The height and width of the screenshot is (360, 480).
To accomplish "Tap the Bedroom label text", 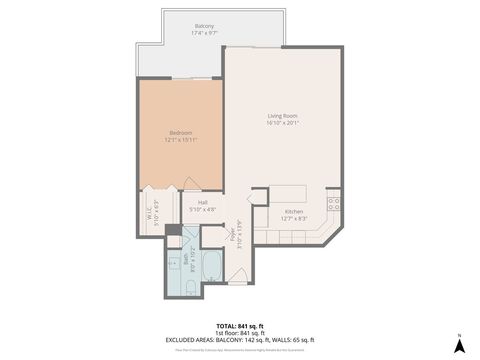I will point(180,132).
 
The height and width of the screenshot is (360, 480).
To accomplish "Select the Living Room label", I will point(283,117).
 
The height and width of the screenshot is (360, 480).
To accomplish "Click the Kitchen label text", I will point(294,211).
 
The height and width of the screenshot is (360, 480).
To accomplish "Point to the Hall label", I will point(203,202).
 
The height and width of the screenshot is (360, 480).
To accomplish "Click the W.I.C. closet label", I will point(149,211).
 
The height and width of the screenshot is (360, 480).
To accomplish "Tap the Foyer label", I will point(232,236).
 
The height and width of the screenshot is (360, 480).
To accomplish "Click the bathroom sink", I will point(173,264).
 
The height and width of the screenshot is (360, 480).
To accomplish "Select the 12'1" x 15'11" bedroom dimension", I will point(180,140).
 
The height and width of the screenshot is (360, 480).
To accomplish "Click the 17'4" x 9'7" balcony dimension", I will point(204,33).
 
